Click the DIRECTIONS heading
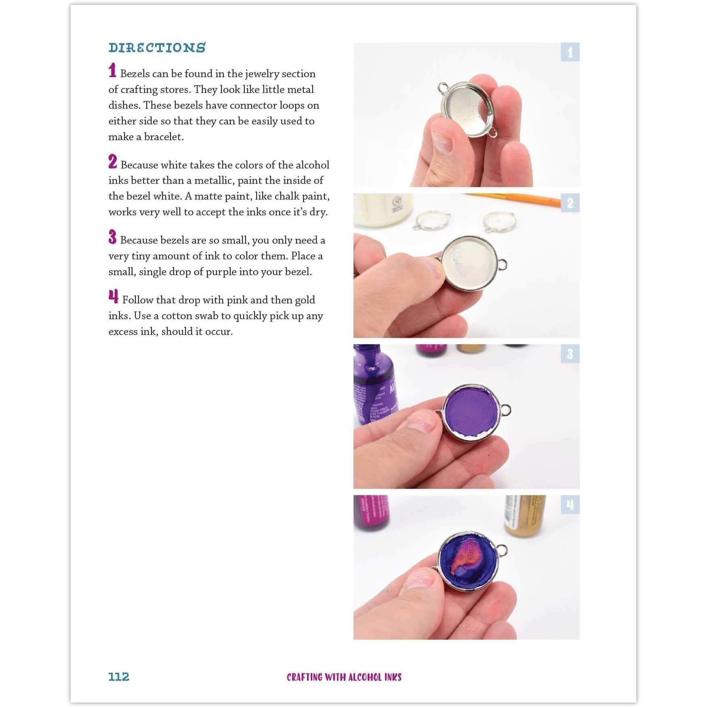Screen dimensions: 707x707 tap(157, 48)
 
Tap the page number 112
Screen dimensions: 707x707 tap(119, 677)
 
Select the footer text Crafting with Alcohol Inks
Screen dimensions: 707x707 tap(344, 677)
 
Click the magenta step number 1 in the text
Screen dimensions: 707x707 tap(112, 70)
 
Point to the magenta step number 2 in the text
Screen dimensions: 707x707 tap(113, 162)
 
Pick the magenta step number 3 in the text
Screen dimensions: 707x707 tap(112, 237)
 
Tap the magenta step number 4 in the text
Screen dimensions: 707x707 tap(114, 297)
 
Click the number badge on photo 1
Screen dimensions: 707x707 tap(570, 52)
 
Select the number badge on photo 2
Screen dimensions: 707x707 tap(570, 203)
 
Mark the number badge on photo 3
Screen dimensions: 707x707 tap(570, 354)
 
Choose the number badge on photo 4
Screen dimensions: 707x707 tap(570, 505)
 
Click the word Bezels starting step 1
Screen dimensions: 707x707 tap(135, 74)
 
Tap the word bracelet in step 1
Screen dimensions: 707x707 tap(163, 137)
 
